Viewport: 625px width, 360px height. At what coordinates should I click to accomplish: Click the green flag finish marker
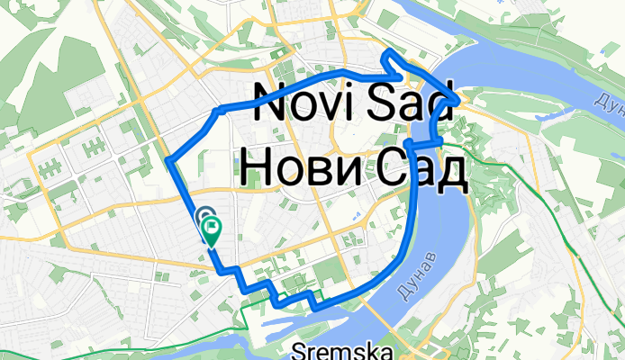tap(213, 229)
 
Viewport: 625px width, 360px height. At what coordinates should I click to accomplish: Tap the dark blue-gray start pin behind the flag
tap(204, 218)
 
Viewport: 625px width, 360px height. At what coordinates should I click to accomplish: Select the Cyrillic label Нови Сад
tap(355, 168)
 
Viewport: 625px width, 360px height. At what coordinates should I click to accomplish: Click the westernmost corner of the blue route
tap(168, 160)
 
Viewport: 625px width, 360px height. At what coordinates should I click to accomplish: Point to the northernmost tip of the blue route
tap(386, 53)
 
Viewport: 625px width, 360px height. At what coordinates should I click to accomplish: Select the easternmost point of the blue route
tap(461, 100)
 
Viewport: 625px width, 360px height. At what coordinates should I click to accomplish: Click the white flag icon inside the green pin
tap(213, 227)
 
